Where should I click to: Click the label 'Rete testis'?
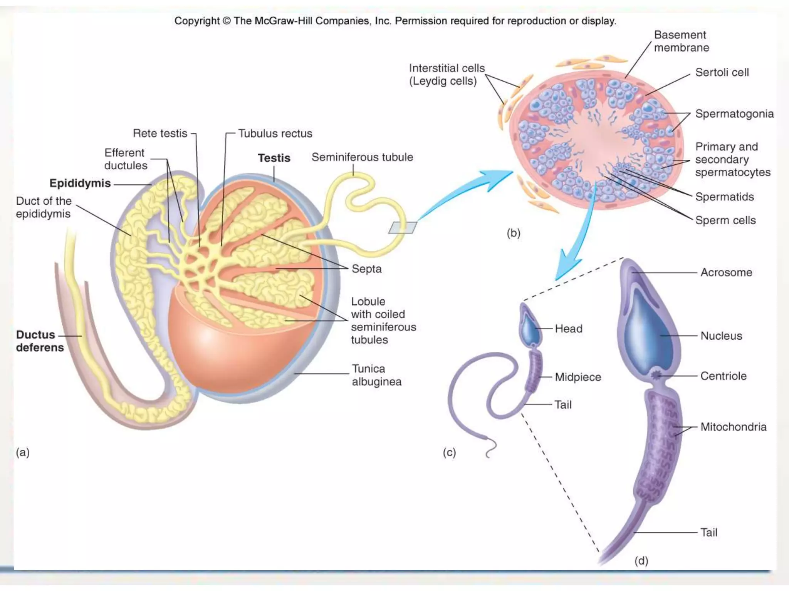pyautogui.click(x=160, y=133)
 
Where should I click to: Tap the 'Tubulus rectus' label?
pyautogui.click(x=275, y=133)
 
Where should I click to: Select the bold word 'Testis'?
pyautogui.click(x=274, y=158)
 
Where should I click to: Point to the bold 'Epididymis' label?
pyautogui.click(x=80, y=183)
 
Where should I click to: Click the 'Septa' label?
pyautogui.click(x=366, y=269)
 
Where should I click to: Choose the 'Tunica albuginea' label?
pyautogui.click(x=376, y=375)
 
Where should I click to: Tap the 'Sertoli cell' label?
pyautogui.click(x=722, y=72)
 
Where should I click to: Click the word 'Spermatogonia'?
pyautogui.click(x=734, y=114)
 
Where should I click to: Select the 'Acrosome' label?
pyautogui.click(x=726, y=272)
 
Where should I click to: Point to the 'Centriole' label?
pyautogui.click(x=723, y=376)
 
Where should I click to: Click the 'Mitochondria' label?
pyautogui.click(x=733, y=427)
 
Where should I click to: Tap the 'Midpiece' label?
pyautogui.click(x=578, y=377)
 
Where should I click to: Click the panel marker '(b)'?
pyautogui.click(x=514, y=233)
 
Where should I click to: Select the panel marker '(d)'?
pyautogui.click(x=641, y=561)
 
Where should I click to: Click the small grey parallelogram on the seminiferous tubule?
pyautogui.click(x=403, y=227)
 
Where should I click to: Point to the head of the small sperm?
pyautogui.click(x=530, y=327)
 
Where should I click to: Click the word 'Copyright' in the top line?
pyautogui.click(x=196, y=21)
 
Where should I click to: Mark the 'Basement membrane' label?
pyautogui.click(x=681, y=41)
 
